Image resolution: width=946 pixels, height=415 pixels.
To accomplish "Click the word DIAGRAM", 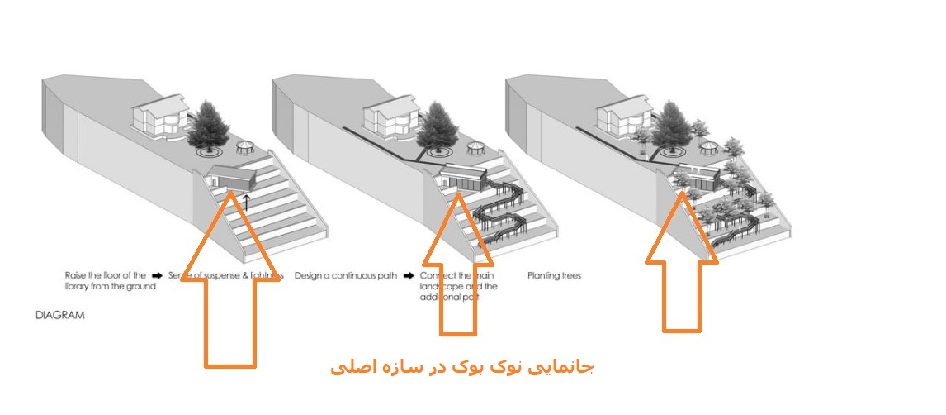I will click(x=59, y=316).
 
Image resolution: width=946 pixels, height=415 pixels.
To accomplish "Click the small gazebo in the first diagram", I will click(x=245, y=149).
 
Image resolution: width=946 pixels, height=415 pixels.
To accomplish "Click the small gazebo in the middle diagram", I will click(x=475, y=149).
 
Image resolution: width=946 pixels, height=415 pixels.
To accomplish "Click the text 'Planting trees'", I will click(x=554, y=275).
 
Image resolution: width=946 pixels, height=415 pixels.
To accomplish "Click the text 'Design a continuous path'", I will click(x=345, y=275).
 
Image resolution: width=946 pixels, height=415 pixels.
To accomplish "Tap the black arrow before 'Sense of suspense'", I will click(x=158, y=275).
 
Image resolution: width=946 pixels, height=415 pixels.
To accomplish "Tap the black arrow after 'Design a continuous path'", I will click(x=409, y=275).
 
